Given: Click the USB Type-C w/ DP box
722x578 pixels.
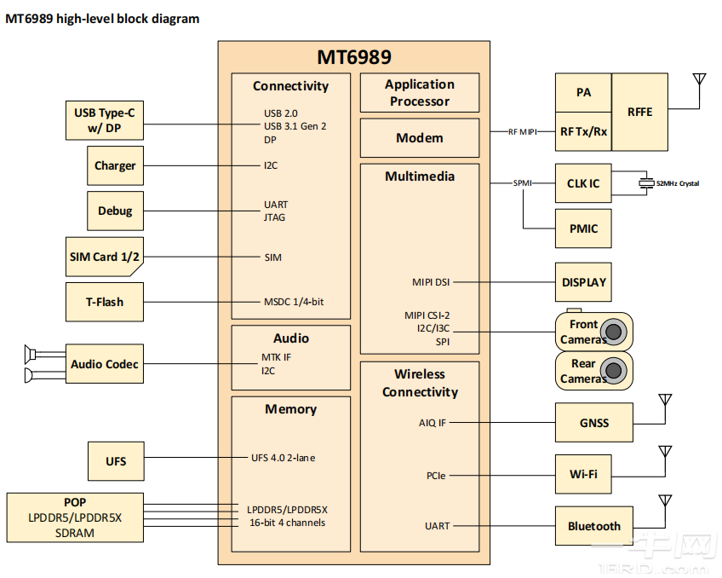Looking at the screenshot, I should click(105, 121).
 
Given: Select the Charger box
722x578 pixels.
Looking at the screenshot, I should click(115, 166).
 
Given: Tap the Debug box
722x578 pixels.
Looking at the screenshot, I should click(115, 211).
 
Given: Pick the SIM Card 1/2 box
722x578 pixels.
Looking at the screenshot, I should click(104, 257).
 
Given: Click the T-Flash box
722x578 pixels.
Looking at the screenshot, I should click(104, 302).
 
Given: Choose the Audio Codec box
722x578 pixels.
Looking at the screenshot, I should click(105, 364).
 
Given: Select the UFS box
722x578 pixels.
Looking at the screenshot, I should click(116, 461).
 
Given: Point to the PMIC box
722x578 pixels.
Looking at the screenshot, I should click(583, 228).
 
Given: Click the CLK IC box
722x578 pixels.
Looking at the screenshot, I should click(583, 183).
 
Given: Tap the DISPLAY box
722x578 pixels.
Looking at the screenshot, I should click(583, 282).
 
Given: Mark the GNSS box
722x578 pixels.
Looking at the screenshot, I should click(593, 423).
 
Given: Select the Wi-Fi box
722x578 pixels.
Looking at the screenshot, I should click(583, 473).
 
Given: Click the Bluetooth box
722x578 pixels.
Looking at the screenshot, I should click(593, 526).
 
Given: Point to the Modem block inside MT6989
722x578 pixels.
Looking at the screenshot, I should click(419, 138).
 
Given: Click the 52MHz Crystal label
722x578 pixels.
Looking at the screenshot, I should click(678, 183).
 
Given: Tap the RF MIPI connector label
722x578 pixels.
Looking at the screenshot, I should click(523, 132).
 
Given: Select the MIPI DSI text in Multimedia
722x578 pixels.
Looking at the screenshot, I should click(430, 282).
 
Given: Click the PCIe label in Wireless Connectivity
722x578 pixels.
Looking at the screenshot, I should click(436, 475).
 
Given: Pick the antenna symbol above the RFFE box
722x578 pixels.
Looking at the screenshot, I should click(700, 81).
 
